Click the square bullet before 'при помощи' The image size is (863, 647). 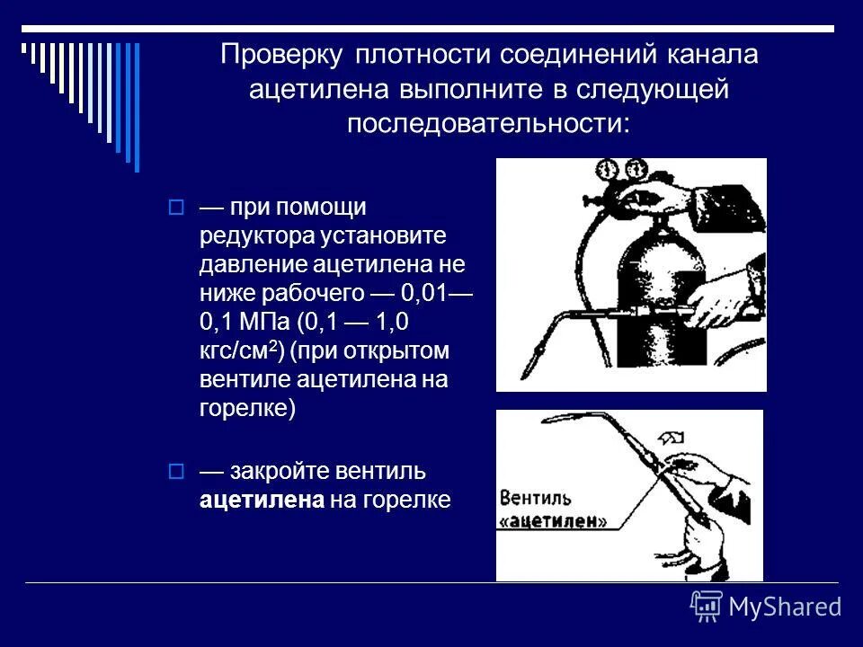pyautogui.click(x=176, y=208)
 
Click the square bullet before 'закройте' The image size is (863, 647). pyautogui.click(x=176, y=471)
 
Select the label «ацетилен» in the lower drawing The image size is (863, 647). pyautogui.click(x=553, y=521)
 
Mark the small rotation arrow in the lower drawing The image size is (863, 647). pyautogui.click(x=671, y=438)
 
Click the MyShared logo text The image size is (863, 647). pyautogui.click(x=785, y=607)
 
